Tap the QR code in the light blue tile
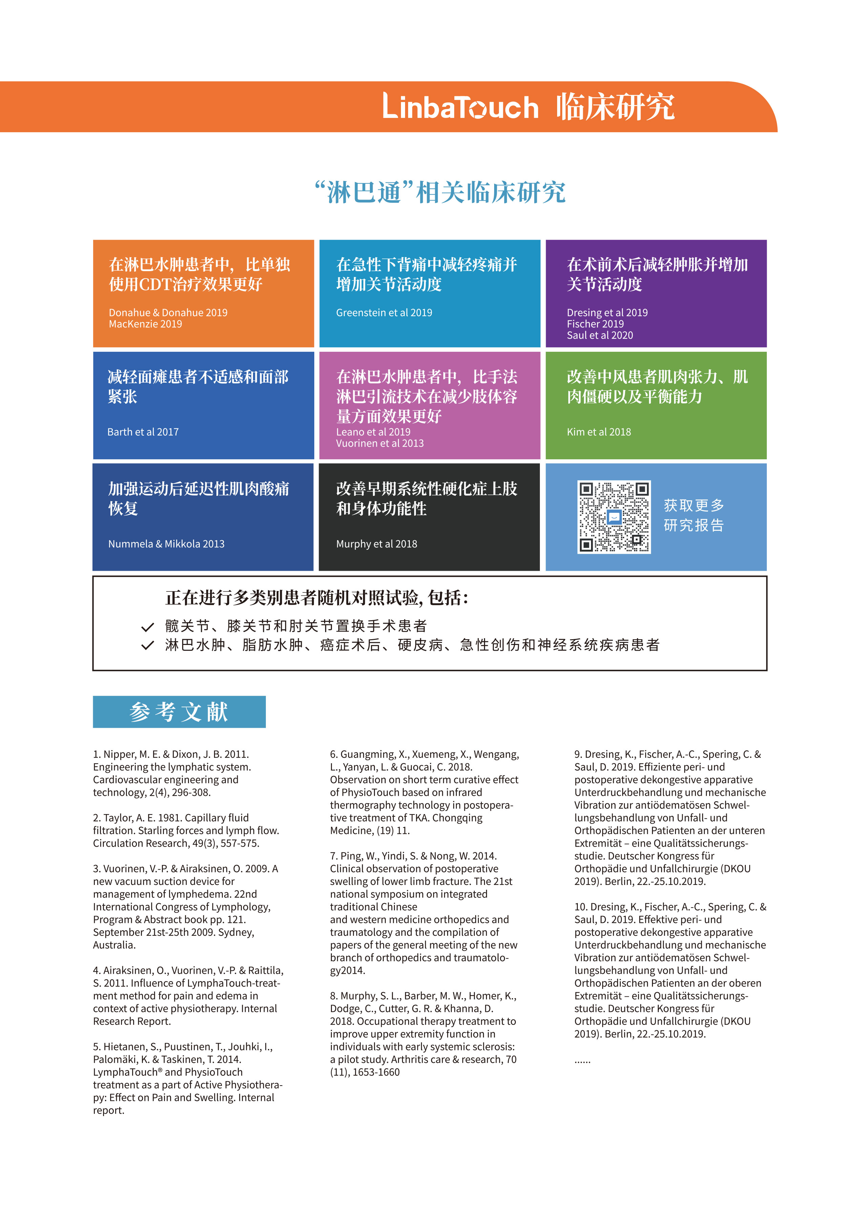[614, 517]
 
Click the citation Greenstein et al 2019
[384, 313]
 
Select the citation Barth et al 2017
[143, 432]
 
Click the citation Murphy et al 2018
[376, 544]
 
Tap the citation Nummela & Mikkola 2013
[166, 544]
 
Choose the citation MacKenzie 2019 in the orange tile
[145, 324]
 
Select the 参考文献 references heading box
[179, 712]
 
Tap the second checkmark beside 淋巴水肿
[147, 646]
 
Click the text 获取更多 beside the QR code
[694, 505]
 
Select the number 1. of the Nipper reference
[97, 754]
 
